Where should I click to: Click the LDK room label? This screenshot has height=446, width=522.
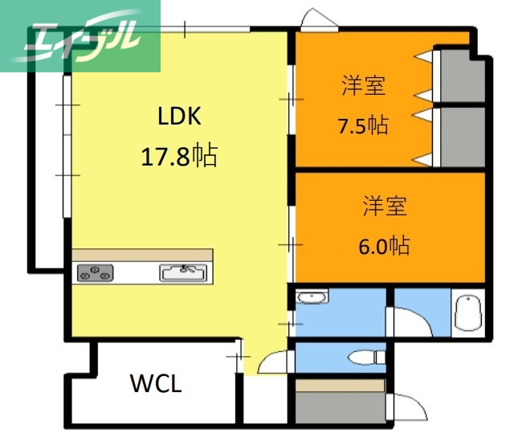click(178, 117)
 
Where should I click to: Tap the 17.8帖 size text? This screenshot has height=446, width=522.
click(178, 155)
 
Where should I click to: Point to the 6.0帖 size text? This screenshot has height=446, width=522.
click(383, 245)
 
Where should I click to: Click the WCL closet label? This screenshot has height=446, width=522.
click(156, 383)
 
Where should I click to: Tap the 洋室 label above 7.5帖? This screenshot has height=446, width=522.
click(363, 86)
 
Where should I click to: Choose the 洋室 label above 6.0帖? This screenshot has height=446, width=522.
click(384, 206)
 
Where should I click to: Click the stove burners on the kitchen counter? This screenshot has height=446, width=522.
click(95, 273)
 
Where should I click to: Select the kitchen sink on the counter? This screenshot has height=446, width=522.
click(186, 273)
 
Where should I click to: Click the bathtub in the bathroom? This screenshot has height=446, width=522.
click(467, 312)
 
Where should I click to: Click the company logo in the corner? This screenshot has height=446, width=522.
click(80, 36)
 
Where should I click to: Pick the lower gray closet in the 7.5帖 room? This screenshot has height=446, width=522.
click(462, 137)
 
